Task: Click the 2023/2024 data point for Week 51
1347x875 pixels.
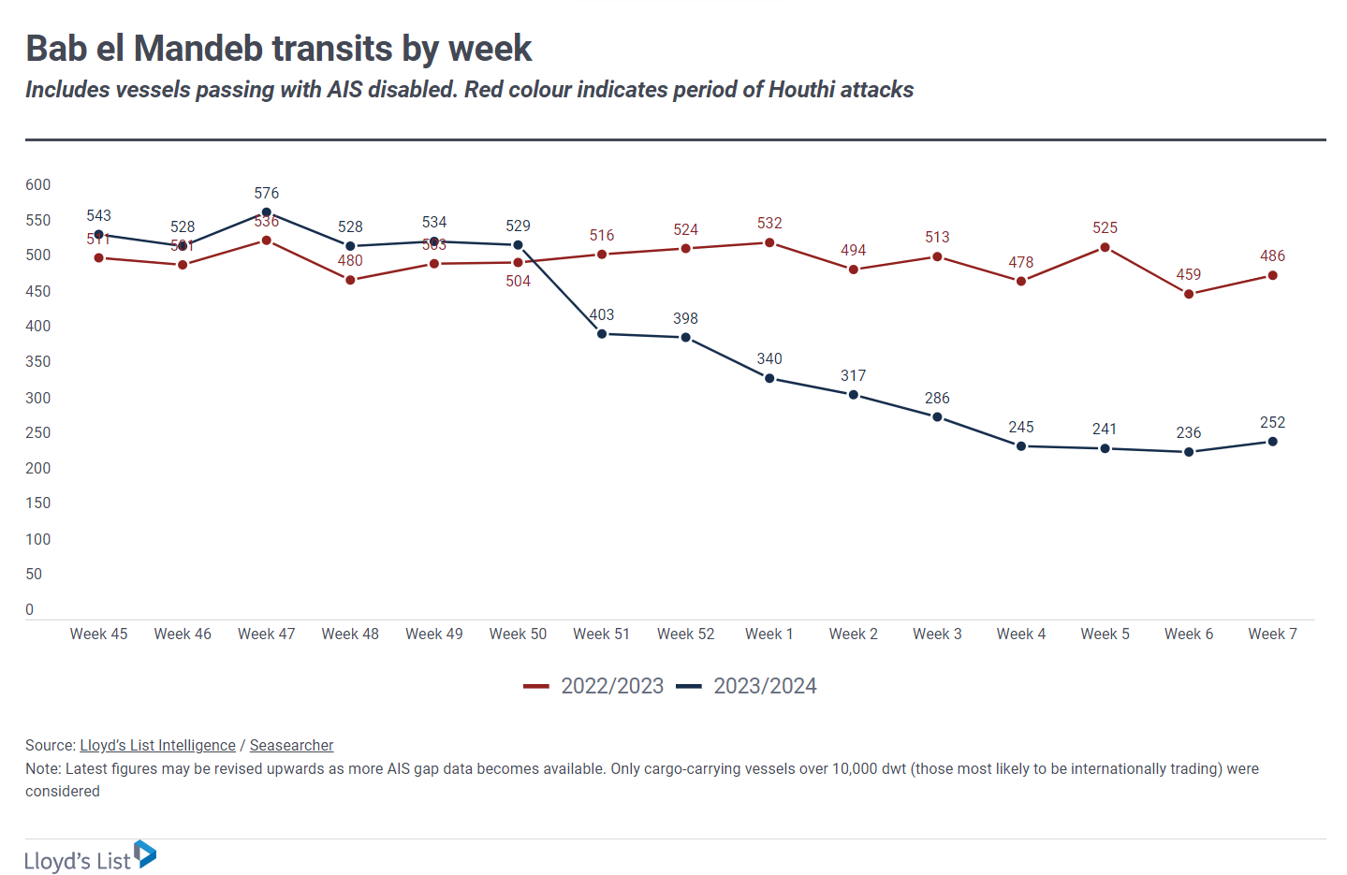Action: pyautogui.click(x=602, y=334)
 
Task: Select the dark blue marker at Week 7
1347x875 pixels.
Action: pyautogui.click(x=1272, y=442)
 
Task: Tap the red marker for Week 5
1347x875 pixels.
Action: pyautogui.click(x=1105, y=248)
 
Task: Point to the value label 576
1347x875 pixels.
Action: pyautogui.click(x=266, y=193)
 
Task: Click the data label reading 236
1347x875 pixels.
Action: pyautogui.click(x=1188, y=432)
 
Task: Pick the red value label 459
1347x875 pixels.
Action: pyautogui.click(x=1188, y=274)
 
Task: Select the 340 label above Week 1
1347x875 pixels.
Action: pyautogui.click(x=769, y=358)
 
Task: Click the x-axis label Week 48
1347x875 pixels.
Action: pyautogui.click(x=350, y=634)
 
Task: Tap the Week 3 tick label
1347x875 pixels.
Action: pyautogui.click(x=937, y=634)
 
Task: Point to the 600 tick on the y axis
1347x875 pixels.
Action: pyautogui.click(x=38, y=184)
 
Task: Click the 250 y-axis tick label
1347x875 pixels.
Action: pyautogui.click(x=38, y=432)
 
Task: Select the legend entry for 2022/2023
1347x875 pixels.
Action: pyautogui.click(x=594, y=686)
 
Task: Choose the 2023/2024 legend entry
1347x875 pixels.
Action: pyautogui.click(x=747, y=686)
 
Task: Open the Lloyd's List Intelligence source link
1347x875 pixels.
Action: pyautogui.click(x=157, y=745)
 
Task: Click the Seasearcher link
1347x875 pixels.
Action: pyautogui.click(x=291, y=745)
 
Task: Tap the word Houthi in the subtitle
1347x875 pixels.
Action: pyautogui.click(x=801, y=90)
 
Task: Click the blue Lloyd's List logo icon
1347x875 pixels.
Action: pyautogui.click(x=145, y=853)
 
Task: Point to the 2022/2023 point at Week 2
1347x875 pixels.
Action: pyautogui.click(x=853, y=270)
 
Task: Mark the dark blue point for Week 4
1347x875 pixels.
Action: pyautogui.click(x=1020, y=446)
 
